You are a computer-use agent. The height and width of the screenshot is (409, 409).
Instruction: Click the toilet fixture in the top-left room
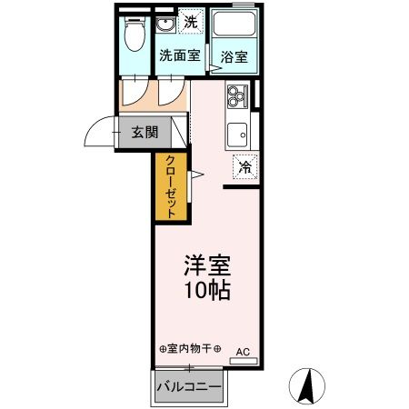pos(135,35)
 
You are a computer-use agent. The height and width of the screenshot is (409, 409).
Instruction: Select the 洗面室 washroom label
pos(179,55)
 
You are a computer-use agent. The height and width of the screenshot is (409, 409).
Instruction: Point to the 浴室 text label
pos(234,56)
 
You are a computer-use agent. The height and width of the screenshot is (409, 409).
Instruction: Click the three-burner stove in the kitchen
pos(237,95)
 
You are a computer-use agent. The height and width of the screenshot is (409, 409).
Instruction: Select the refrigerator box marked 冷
pos(244,166)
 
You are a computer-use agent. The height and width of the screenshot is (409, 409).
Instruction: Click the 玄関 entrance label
pos(144,132)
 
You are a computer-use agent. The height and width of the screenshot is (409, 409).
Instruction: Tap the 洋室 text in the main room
pos(207,266)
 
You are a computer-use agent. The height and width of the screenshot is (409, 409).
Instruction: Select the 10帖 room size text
pos(207,291)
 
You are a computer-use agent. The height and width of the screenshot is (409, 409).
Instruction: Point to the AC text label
pos(243,350)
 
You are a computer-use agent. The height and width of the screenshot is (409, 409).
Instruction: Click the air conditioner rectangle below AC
pos(243,361)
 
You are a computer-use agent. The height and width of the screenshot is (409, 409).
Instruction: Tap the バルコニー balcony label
pos(189,387)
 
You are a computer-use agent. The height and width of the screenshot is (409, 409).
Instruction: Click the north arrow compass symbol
pos(308,385)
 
